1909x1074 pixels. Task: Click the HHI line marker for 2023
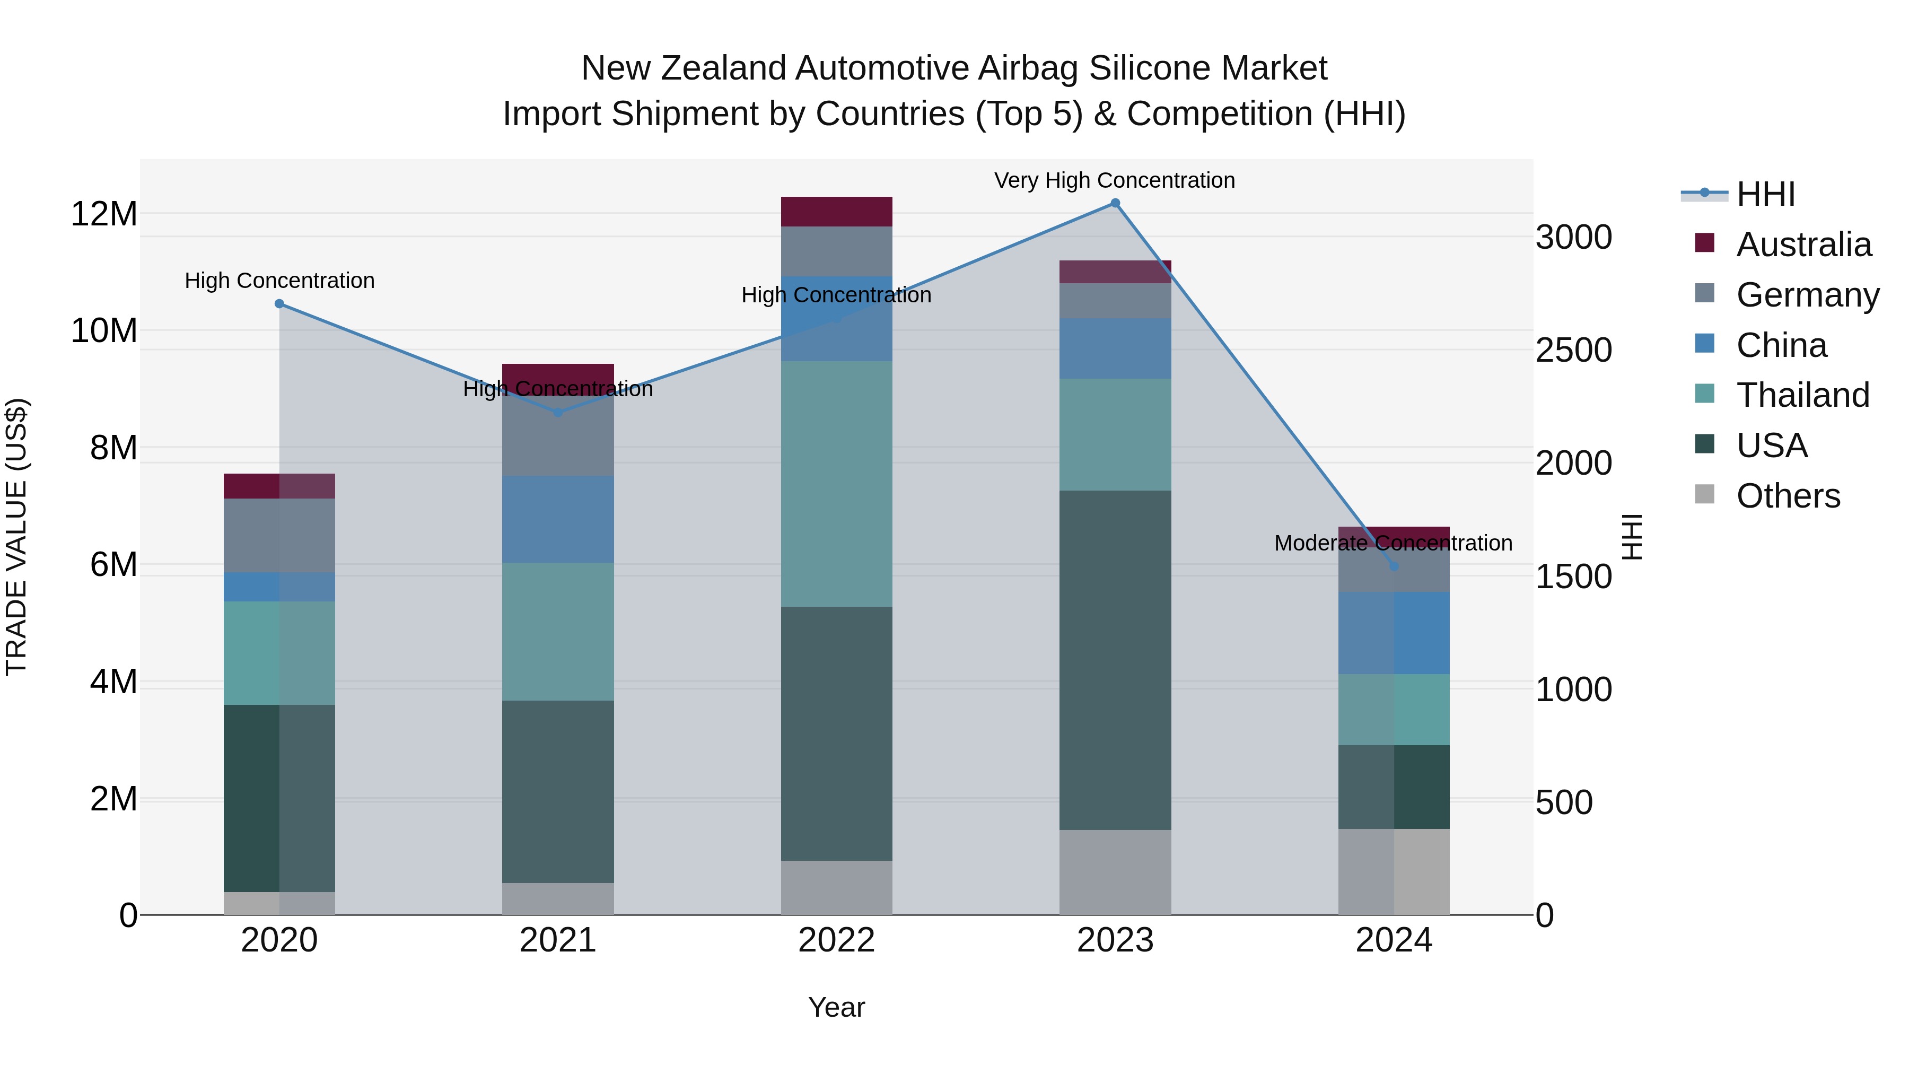1115,203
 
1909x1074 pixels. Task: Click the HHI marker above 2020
279,304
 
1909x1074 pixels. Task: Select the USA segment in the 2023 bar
1115,660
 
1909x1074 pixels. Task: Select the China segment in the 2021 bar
557,519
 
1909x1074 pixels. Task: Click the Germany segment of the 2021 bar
557,438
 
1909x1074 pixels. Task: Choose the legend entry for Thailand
1802,395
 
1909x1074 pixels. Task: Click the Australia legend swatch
1704,243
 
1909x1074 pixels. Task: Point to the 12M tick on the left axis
104,214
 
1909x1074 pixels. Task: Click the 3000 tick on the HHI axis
1573,238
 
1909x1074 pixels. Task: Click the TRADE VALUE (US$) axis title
16,537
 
